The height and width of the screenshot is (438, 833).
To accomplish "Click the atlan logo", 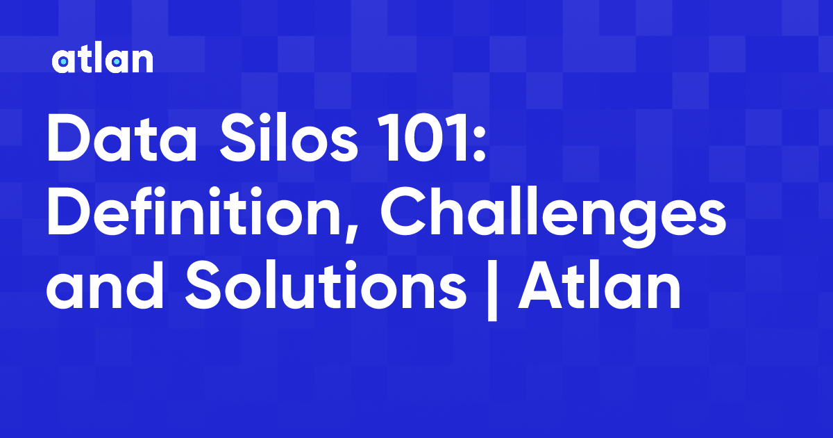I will click(102, 60).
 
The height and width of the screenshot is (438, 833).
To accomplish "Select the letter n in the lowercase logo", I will click(142, 63).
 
